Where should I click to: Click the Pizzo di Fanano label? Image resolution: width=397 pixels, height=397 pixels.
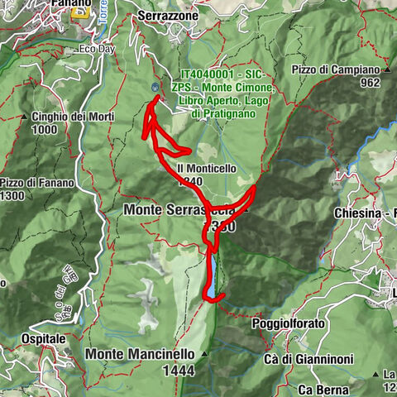tap(38, 183)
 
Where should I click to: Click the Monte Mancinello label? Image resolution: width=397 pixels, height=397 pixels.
tap(140, 353)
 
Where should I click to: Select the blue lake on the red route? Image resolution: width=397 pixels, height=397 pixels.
tap(213, 277)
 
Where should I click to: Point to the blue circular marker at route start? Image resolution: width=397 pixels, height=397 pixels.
tap(155, 87)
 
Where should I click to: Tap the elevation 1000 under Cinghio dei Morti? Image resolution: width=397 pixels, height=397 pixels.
tap(48, 130)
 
